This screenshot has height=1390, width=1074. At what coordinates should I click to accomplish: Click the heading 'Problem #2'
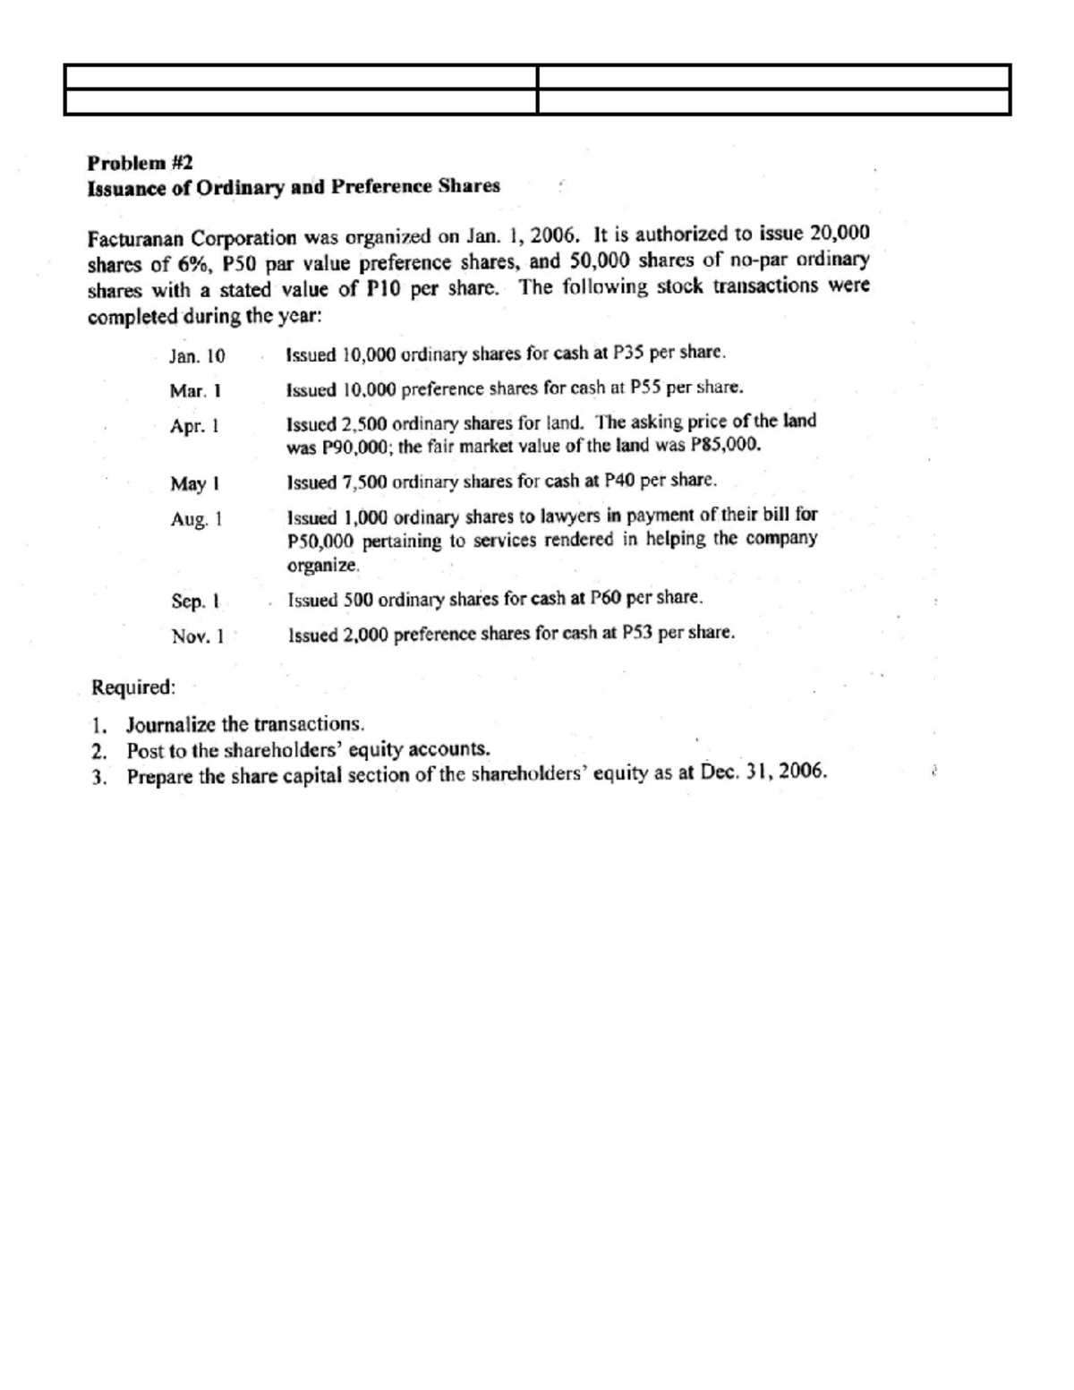140,163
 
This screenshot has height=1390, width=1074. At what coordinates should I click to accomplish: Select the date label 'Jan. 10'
198,355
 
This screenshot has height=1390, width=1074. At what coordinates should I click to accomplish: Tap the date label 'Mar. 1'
195,391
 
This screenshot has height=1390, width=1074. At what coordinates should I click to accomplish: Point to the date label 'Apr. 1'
195,426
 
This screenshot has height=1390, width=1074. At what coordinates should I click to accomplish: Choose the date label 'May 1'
195,484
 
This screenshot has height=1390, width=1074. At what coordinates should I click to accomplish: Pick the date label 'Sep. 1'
195,601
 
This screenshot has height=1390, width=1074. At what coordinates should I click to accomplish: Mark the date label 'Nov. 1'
196,636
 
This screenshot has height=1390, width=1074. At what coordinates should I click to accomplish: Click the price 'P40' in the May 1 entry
620,480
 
